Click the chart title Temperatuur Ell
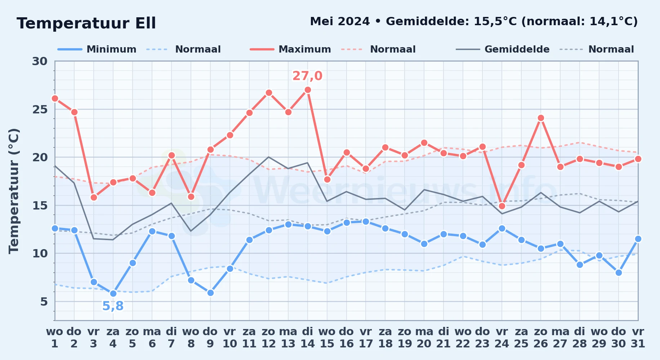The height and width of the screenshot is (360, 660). click(x=86, y=23)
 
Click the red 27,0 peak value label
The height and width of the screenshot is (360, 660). click(x=307, y=76)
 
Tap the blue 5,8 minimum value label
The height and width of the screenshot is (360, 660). click(x=113, y=306)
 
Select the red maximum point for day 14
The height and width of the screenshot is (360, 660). click(x=308, y=90)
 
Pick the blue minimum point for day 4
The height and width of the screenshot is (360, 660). click(x=113, y=294)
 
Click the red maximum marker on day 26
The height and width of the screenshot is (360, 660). click(x=541, y=118)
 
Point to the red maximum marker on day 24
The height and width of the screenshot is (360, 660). click(x=502, y=206)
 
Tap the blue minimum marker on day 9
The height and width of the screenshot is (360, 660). click(x=210, y=293)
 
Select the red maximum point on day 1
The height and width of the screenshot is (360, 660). click(x=55, y=98)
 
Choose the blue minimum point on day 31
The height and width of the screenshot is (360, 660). click(x=638, y=239)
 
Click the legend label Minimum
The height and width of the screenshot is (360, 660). click(x=111, y=49)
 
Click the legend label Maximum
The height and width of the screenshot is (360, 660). click(x=305, y=49)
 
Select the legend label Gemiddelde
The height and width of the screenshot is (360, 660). click(x=517, y=49)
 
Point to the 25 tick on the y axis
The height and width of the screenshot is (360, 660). click(x=40, y=109)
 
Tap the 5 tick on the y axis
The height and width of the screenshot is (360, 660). click(x=44, y=302)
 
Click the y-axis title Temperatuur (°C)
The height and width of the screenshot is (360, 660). click(x=14, y=191)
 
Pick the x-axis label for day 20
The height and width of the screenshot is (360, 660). click(x=424, y=338)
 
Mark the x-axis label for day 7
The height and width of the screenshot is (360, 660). click(x=171, y=338)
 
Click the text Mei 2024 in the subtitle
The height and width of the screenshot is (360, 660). click(x=340, y=22)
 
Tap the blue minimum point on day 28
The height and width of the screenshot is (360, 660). click(x=580, y=265)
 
